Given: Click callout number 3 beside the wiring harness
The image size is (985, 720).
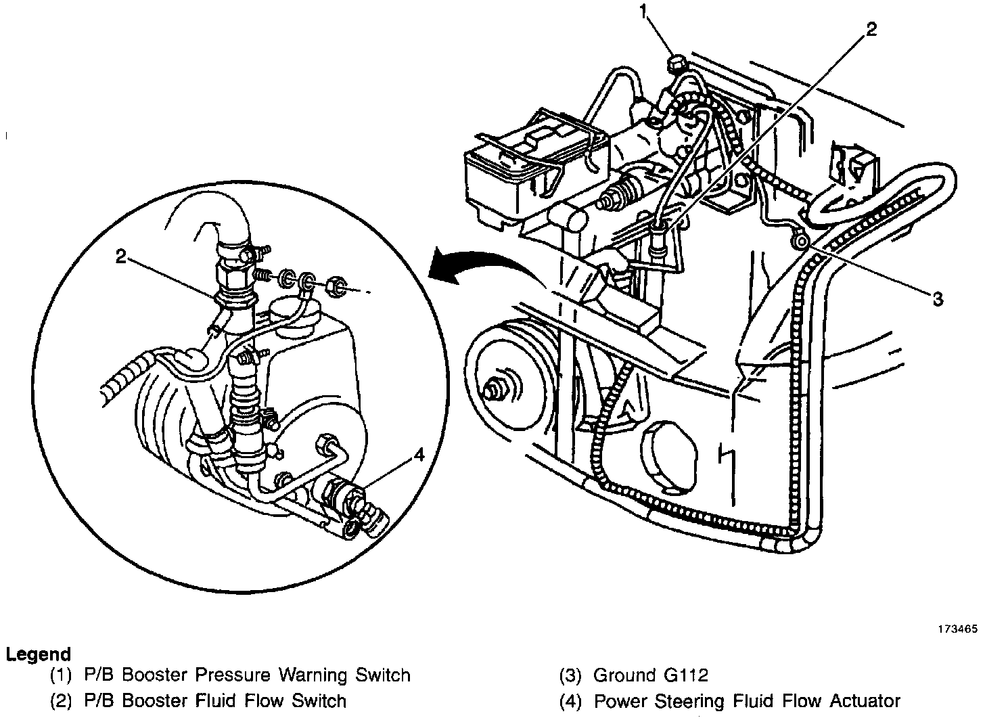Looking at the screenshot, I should [937, 299].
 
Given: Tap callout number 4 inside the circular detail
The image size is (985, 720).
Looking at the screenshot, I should [419, 455].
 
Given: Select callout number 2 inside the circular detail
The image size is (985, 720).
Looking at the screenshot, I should [120, 256].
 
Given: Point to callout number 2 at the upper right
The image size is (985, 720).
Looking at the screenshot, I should [871, 28].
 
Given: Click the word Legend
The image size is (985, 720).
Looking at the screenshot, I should [38, 654].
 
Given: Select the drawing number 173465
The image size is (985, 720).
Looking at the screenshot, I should [957, 629].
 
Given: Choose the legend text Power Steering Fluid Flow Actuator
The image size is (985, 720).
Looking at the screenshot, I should [747, 700].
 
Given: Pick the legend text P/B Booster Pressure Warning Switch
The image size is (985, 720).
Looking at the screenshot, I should [247, 675].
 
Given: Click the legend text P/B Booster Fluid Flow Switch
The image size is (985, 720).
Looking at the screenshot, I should [215, 700].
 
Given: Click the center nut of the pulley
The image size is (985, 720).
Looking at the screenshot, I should [492, 390].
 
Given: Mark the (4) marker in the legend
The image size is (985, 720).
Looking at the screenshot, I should [570, 700].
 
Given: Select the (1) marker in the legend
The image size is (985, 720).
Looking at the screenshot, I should [60, 675].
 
